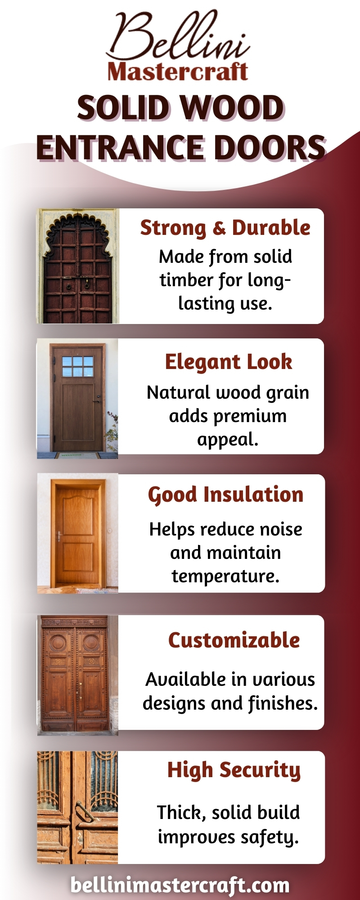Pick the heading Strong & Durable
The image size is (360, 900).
click(x=225, y=228)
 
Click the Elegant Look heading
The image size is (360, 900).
click(x=229, y=362)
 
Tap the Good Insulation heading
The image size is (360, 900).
click(x=226, y=495)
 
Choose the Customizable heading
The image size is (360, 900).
click(x=234, y=640)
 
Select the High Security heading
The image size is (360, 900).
click(x=234, y=770)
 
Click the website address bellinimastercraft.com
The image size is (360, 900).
click(x=180, y=885)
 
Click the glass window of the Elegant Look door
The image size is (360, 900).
click(x=78, y=366)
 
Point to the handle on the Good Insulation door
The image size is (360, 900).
click(x=59, y=536)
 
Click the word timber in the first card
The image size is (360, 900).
click(x=186, y=280)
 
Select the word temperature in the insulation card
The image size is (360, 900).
click(x=225, y=576)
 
